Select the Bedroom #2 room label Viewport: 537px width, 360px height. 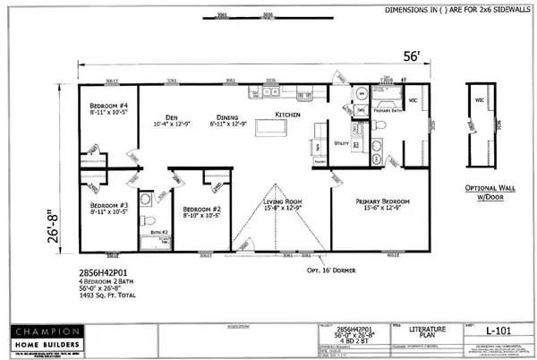(190, 210)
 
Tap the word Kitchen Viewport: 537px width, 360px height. (286, 116)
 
